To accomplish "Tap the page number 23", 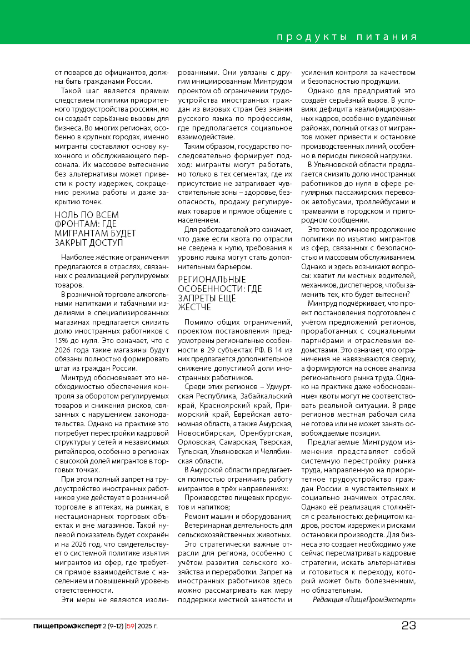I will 409,625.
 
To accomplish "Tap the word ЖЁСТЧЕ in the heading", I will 194,307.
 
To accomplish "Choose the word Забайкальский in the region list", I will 268,395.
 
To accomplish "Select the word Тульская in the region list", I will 192,451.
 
